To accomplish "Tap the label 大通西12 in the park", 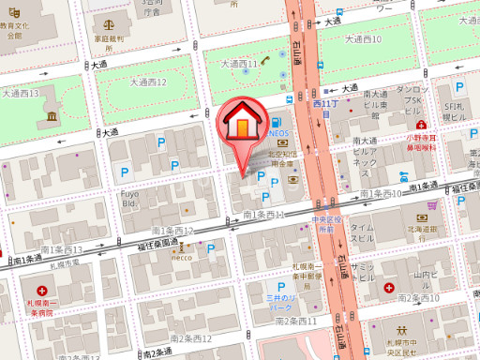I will coord(147,82).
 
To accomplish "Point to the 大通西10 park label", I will coord(363,39).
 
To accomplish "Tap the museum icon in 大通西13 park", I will coord(50,115).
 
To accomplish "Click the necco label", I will coord(181,258).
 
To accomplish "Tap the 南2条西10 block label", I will coord(417,297).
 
